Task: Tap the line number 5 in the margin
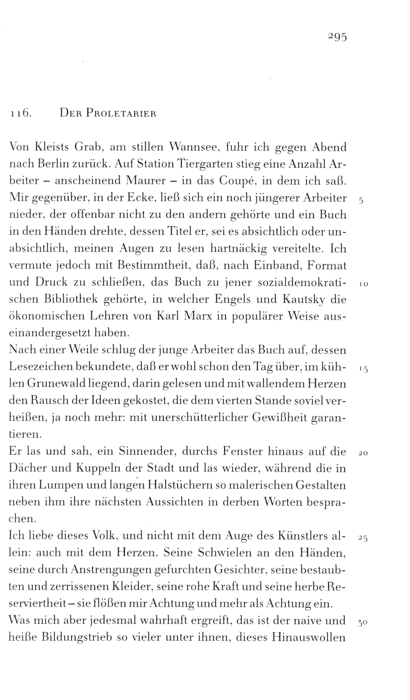(x=361, y=201)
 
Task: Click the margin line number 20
(x=363, y=453)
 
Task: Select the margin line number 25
(x=363, y=538)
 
